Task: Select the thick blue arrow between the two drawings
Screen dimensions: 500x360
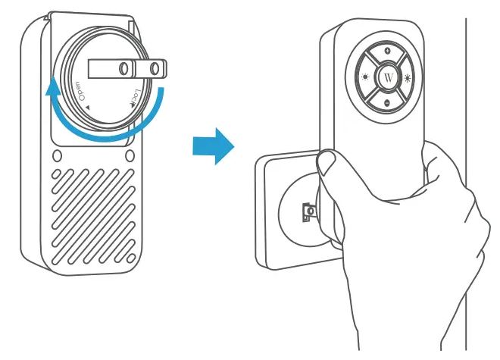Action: [x=214, y=146]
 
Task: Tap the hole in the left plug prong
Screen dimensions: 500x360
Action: [x=123, y=68]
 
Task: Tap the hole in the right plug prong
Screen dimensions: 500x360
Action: [x=155, y=68]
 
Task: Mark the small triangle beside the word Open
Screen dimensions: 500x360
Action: [x=87, y=108]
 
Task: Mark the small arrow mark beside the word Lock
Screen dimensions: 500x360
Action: [x=131, y=105]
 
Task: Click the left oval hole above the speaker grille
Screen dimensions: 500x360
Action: [x=57, y=156]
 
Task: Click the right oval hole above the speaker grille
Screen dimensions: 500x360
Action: [x=130, y=155]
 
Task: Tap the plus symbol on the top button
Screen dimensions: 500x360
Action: [x=387, y=51]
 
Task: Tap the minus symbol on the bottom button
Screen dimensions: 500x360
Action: [x=387, y=103]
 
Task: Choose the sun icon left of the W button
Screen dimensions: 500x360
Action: [x=365, y=77]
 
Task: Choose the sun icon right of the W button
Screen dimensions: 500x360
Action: [x=408, y=78]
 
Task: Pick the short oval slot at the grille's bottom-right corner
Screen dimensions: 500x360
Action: [x=131, y=258]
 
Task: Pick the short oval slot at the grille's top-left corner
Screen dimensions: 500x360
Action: [x=56, y=174]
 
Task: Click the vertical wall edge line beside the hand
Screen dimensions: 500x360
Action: [x=466, y=184]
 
